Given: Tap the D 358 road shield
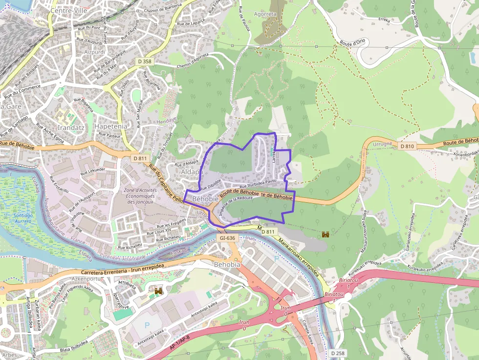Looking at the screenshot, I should point(144,62).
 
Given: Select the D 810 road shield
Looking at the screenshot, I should point(407,146).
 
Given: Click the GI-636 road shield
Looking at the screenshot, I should point(228,238).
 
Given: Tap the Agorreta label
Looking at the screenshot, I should point(265,14).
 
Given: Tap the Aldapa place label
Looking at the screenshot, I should point(192,172).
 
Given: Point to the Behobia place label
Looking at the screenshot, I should point(227,264).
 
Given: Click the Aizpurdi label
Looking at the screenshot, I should point(95,52).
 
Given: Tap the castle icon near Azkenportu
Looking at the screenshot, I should point(158,291).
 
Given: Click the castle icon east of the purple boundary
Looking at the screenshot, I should point(325,234).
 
